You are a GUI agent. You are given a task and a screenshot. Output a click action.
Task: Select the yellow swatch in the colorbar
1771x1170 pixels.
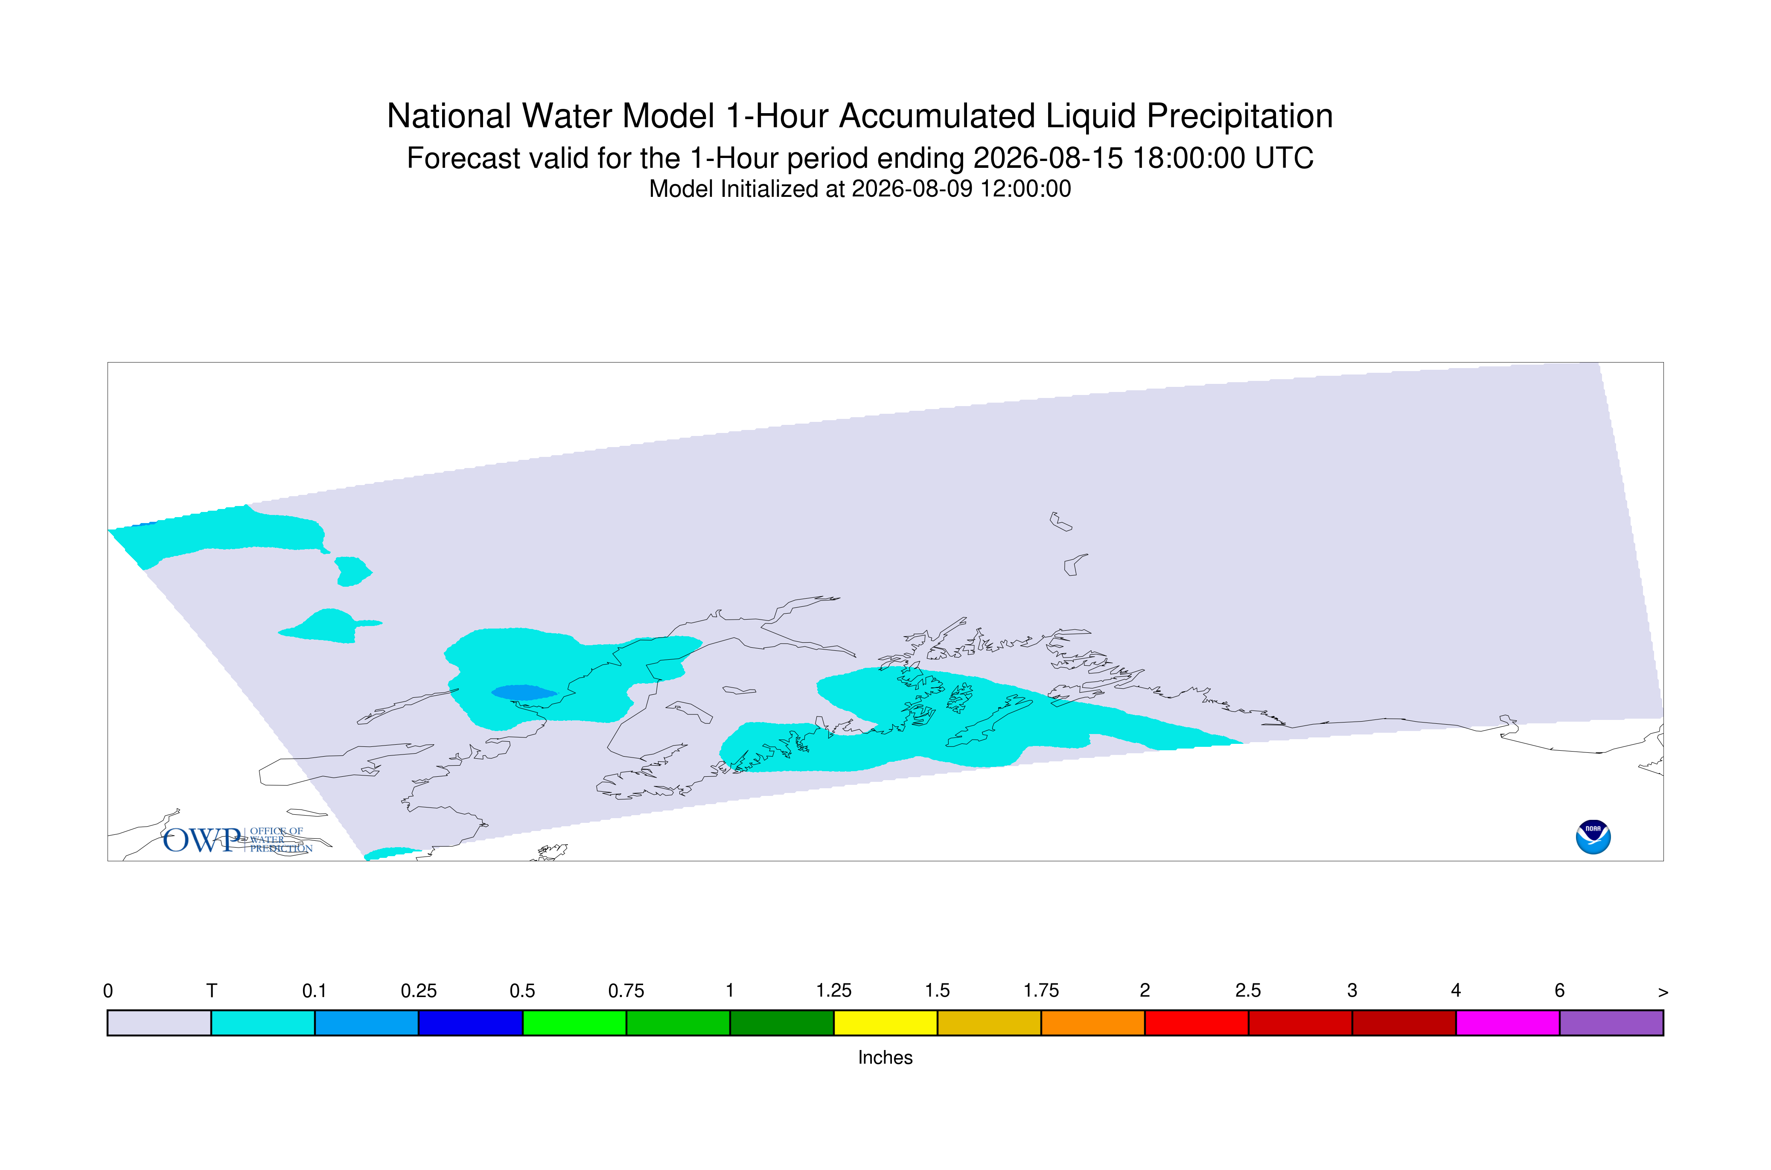point(885,1023)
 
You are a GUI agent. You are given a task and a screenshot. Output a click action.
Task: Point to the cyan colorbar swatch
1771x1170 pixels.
point(262,1023)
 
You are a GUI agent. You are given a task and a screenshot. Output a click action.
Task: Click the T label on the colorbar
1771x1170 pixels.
point(212,991)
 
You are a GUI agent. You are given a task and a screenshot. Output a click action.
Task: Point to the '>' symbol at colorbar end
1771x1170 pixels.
point(1662,992)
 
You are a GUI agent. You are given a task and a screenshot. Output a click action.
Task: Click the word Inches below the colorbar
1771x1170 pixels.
point(885,1057)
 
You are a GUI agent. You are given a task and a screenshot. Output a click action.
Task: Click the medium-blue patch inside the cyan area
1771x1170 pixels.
point(524,693)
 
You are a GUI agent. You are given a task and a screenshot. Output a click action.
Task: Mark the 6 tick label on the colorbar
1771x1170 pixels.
point(1559,991)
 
